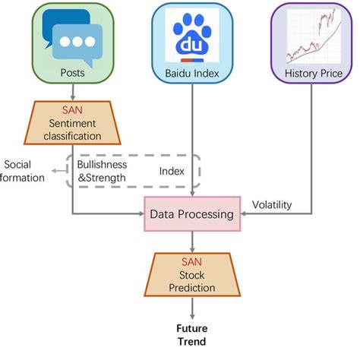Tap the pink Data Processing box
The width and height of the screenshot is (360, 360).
pyautogui.click(x=191, y=214)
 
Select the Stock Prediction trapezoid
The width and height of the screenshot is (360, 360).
pyautogui.click(x=191, y=276)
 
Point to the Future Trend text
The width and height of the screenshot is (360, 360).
pyautogui.click(x=191, y=335)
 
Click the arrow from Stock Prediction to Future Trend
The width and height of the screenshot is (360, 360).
pyautogui.click(x=191, y=308)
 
